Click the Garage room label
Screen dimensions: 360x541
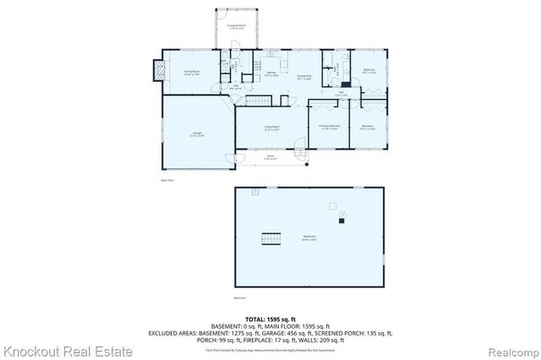point(196,134)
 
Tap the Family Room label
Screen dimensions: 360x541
point(191,73)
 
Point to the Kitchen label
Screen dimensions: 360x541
point(272,74)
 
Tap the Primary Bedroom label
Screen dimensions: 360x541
point(328,127)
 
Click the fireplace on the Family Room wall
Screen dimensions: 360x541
point(157,71)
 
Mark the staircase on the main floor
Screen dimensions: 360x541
point(257,101)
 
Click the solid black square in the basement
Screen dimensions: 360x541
point(342,222)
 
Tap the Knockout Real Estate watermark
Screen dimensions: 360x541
point(68,351)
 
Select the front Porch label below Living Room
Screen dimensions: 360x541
point(270,156)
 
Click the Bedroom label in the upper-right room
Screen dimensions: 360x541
point(369,70)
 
